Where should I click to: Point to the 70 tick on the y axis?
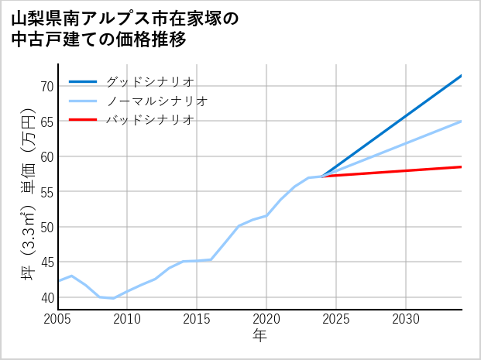(x=46, y=86)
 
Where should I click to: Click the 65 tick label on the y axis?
(x=46, y=122)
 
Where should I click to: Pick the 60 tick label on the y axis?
(x=46, y=156)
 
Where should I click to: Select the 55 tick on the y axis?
(x=46, y=192)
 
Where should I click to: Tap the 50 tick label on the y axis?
(x=46, y=228)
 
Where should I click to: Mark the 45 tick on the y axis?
(x=46, y=262)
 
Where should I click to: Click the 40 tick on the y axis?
(x=46, y=298)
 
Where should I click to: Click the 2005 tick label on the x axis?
(x=58, y=319)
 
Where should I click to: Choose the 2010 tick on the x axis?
(x=128, y=319)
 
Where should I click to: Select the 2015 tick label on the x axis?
(x=198, y=319)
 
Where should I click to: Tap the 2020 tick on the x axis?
(x=266, y=319)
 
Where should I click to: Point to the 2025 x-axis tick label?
(x=336, y=319)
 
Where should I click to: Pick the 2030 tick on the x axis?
(x=406, y=319)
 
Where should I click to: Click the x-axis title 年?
(x=260, y=336)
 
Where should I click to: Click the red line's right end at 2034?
(x=462, y=166)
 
